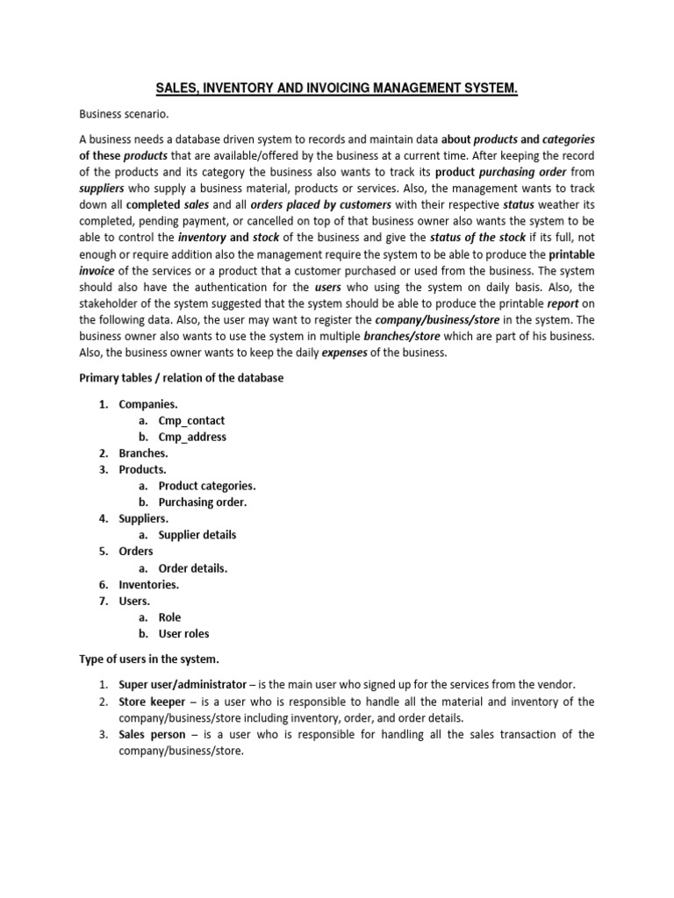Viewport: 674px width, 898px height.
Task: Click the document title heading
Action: tap(337, 89)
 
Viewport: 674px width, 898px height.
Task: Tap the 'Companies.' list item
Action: tap(148, 404)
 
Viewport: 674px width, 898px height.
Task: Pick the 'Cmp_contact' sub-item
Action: tap(191, 421)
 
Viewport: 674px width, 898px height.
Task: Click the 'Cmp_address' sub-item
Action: tap(192, 437)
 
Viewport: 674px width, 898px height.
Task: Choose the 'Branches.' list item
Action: tap(144, 453)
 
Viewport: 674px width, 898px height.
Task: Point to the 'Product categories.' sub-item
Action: tap(207, 486)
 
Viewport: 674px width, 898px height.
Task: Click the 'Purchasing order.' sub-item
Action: tap(203, 502)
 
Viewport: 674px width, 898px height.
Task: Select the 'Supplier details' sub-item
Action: tap(197, 535)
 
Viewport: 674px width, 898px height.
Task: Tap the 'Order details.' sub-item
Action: tap(193, 568)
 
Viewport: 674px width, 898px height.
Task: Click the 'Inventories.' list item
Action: tap(149, 584)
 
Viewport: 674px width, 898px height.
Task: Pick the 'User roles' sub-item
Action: tap(183, 633)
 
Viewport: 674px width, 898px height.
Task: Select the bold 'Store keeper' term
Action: tap(152, 702)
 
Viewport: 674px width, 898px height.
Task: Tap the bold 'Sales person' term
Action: tap(152, 734)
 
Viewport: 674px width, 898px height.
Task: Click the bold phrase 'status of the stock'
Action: tap(477, 238)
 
